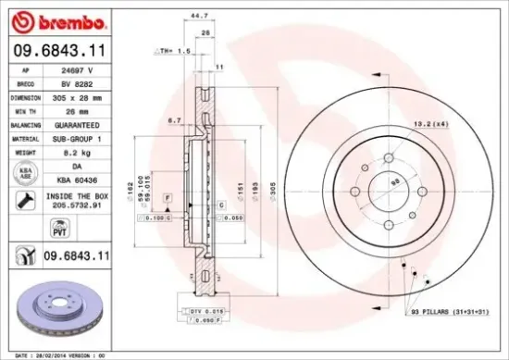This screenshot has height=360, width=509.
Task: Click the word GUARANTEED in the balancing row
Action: [85, 122]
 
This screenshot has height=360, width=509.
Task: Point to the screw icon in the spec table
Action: [22, 199]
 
